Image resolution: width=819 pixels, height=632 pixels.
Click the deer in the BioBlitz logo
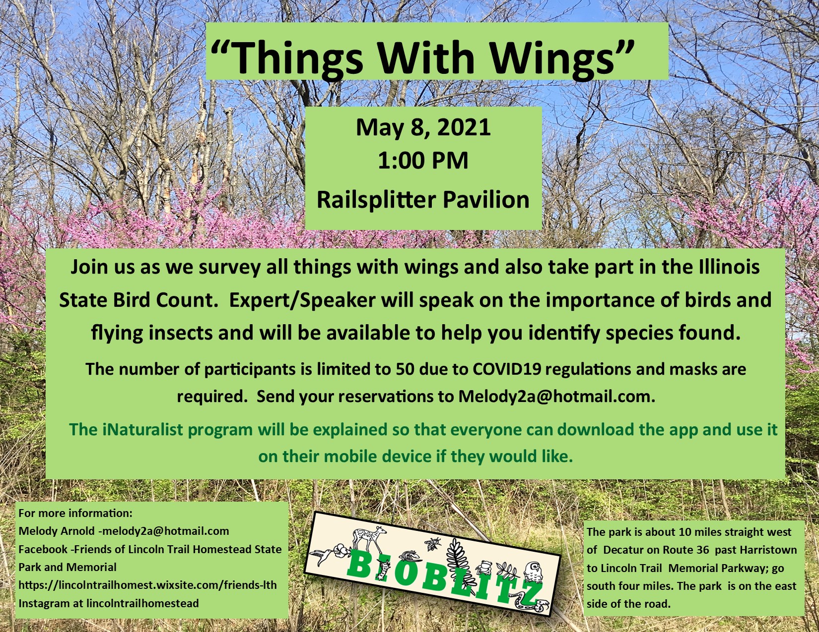369,538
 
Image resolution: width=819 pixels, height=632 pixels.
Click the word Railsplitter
377,199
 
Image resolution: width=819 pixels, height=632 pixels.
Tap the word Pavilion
486,199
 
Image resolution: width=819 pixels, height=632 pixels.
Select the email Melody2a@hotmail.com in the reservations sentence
556,397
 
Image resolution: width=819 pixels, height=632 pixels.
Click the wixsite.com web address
148,585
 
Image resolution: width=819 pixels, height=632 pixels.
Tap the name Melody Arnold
57,531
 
